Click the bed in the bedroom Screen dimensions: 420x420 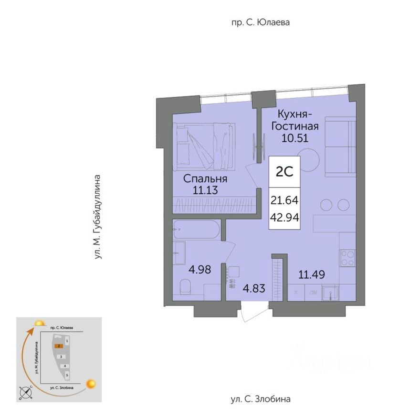[x=204, y=146]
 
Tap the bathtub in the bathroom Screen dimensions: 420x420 [x=196, y=230]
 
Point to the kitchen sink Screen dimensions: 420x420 [x=330, y=292]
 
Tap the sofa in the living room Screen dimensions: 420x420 [x=340, y=147]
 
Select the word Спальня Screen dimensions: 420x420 [x=206, y=179]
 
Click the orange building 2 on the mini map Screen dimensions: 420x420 [x=58, y=346]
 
